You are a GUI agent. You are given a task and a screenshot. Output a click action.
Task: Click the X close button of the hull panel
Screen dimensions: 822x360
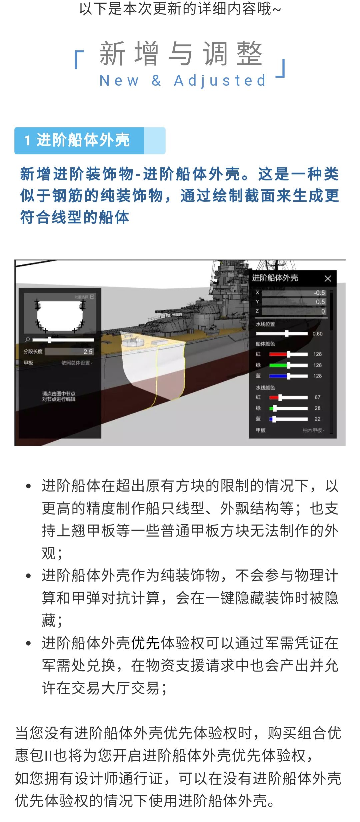(x=328, y=278)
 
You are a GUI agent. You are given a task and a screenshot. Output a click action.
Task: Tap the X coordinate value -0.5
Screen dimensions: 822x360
(x=319, y=292)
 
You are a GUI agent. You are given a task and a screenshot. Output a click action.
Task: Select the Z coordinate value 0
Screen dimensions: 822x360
(x=323, y=311)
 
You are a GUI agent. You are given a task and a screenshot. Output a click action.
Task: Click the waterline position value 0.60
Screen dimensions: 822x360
(x=317, y=333)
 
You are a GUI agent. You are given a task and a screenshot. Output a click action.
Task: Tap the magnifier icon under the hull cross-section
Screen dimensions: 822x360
(x=27, y=339)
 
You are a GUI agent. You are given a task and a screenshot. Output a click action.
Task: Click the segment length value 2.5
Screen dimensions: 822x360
(x=88, y=351)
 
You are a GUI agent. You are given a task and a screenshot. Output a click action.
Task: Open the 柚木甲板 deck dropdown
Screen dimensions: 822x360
(x=313, y=430)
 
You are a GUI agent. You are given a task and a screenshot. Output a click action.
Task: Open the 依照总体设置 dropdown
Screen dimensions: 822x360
(x=77, y=363)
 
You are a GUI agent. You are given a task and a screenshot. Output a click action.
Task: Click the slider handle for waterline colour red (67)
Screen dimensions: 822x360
(x=280, y=397)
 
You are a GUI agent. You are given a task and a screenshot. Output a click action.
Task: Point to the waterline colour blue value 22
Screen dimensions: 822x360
(x=317, y=419)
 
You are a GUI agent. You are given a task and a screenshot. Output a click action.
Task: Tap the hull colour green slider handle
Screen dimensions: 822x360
(x=288, y=365)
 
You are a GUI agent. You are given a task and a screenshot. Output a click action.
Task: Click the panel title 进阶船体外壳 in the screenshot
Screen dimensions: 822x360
(x=275, y=278)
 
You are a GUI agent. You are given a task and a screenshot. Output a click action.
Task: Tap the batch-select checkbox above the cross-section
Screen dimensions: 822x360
(x=92, y=296)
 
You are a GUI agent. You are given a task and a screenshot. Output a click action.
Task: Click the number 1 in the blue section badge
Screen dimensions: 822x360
(x=27, y=140)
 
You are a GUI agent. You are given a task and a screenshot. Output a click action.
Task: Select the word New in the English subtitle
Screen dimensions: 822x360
(x=119, y=81)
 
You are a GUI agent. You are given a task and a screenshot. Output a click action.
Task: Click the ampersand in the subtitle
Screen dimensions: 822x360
(x=156, y=81)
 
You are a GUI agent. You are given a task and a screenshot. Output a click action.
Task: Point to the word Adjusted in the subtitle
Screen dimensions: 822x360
(x=220, y=81)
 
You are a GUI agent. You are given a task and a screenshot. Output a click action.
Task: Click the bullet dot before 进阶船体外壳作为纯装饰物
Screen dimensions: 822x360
(x=29, y=576)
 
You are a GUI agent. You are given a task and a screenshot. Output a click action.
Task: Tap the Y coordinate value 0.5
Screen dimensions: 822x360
(x=320, y=302)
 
